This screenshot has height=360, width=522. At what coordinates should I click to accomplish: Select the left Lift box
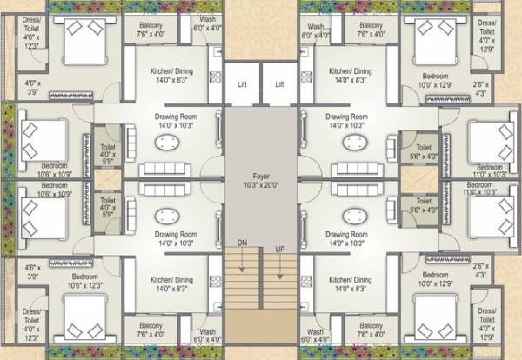[243, 85]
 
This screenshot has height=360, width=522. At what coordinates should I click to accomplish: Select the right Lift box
[279, 85]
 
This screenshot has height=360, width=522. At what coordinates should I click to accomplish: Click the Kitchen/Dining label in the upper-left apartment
[171, 76]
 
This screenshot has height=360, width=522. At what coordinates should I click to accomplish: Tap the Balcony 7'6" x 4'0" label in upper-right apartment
[378, 30]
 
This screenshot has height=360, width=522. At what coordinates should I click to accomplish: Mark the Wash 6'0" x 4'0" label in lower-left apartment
[208, 335]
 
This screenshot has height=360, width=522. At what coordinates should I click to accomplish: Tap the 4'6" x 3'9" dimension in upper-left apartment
[32, 88]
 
